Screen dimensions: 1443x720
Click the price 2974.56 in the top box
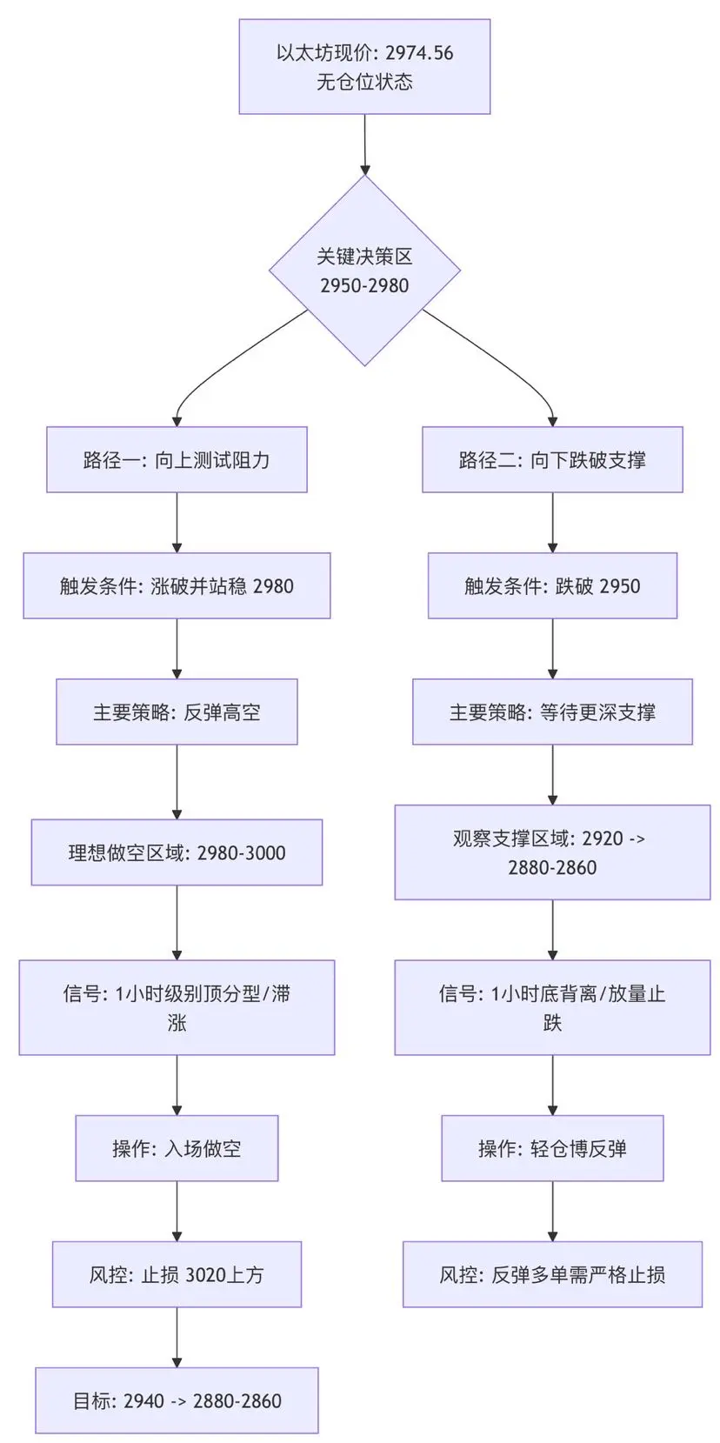[x=419, y=53]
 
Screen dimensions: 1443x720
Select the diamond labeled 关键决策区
[x=364, y=271]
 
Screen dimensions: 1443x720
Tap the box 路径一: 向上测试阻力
[x=177, y=460]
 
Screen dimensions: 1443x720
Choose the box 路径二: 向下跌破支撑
[x=552, y=460]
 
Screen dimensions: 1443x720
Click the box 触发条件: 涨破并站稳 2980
[x=177, y=586]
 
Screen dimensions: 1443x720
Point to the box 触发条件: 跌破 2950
[x=552, y=586]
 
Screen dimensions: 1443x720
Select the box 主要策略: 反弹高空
[x=177, y=712]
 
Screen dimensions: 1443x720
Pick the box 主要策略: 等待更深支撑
[x=552, y=712]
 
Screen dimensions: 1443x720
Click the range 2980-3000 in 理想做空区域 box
[x=242, y=853]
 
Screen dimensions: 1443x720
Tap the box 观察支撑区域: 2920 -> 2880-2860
[x=552, y=852]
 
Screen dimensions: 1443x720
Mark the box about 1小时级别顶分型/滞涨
[x=177, y=1007]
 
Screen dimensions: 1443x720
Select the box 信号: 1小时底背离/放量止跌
[x=552, y=1007]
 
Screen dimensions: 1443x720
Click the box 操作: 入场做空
[x=177, y=1149]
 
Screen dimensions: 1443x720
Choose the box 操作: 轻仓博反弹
[x=552, y=1149]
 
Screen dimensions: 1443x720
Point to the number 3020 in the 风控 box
[x=206, y=1275]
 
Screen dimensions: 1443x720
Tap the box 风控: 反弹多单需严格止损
[x=552, y=1275]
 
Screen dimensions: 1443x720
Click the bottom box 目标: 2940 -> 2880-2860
[x=177, y=1401]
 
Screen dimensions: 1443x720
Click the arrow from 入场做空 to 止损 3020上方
[x=177, y=1211]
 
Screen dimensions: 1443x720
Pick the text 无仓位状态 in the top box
[x=364, y=83]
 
